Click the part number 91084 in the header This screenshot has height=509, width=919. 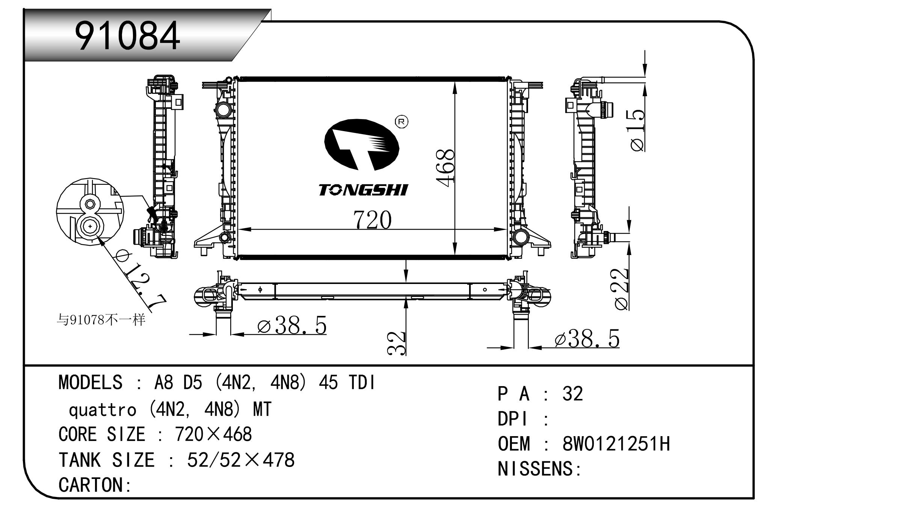coord(128,36)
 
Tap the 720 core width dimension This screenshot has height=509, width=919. coord(372,220)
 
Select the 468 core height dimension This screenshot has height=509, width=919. coord(445,168)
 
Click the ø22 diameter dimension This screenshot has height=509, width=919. coord(622,289)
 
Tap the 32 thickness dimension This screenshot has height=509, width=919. coord(397,343)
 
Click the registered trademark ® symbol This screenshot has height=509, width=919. coord(401,122)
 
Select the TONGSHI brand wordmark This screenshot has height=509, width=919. coord(363,190)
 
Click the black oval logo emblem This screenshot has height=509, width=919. coord(361,145)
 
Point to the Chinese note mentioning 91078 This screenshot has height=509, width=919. coord(101,320)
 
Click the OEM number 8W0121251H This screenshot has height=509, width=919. coord(616,444)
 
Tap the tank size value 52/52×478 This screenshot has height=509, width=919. coord(241,460)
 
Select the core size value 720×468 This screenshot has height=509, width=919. coord(213,434)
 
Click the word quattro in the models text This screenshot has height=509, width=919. coord(103,409)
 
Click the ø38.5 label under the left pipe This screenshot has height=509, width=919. coord(292,325)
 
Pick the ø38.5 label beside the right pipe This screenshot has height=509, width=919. coord(587,339)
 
